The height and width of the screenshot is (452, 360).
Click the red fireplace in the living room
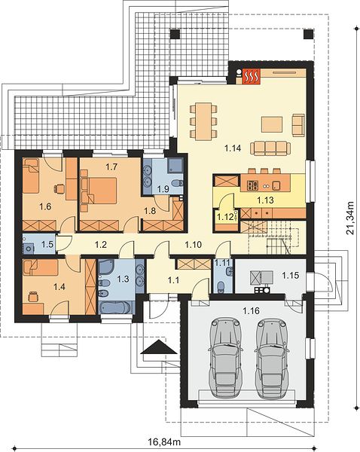(252, 76)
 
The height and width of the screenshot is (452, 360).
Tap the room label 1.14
(233, 148)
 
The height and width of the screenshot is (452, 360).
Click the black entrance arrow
(158, 347)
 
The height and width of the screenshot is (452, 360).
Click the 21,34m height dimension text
(350, 218)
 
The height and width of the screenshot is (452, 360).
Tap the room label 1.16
(251, 310)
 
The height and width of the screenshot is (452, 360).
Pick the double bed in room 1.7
(99, 191)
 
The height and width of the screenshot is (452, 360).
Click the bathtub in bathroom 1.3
(116, 307)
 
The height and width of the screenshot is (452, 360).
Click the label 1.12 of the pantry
(225, 217)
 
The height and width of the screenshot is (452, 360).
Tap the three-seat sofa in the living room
(270, 148)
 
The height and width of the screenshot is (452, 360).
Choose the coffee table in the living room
(272, 124)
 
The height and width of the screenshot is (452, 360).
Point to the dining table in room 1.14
(203, 121)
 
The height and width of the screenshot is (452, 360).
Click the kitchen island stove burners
(252, 185)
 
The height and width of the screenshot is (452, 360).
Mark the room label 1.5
(47, 244)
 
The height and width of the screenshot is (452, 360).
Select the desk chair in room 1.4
(33, 296)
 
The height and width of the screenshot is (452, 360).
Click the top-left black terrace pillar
(175, 34)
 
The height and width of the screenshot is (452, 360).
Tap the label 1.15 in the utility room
(291, 276)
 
